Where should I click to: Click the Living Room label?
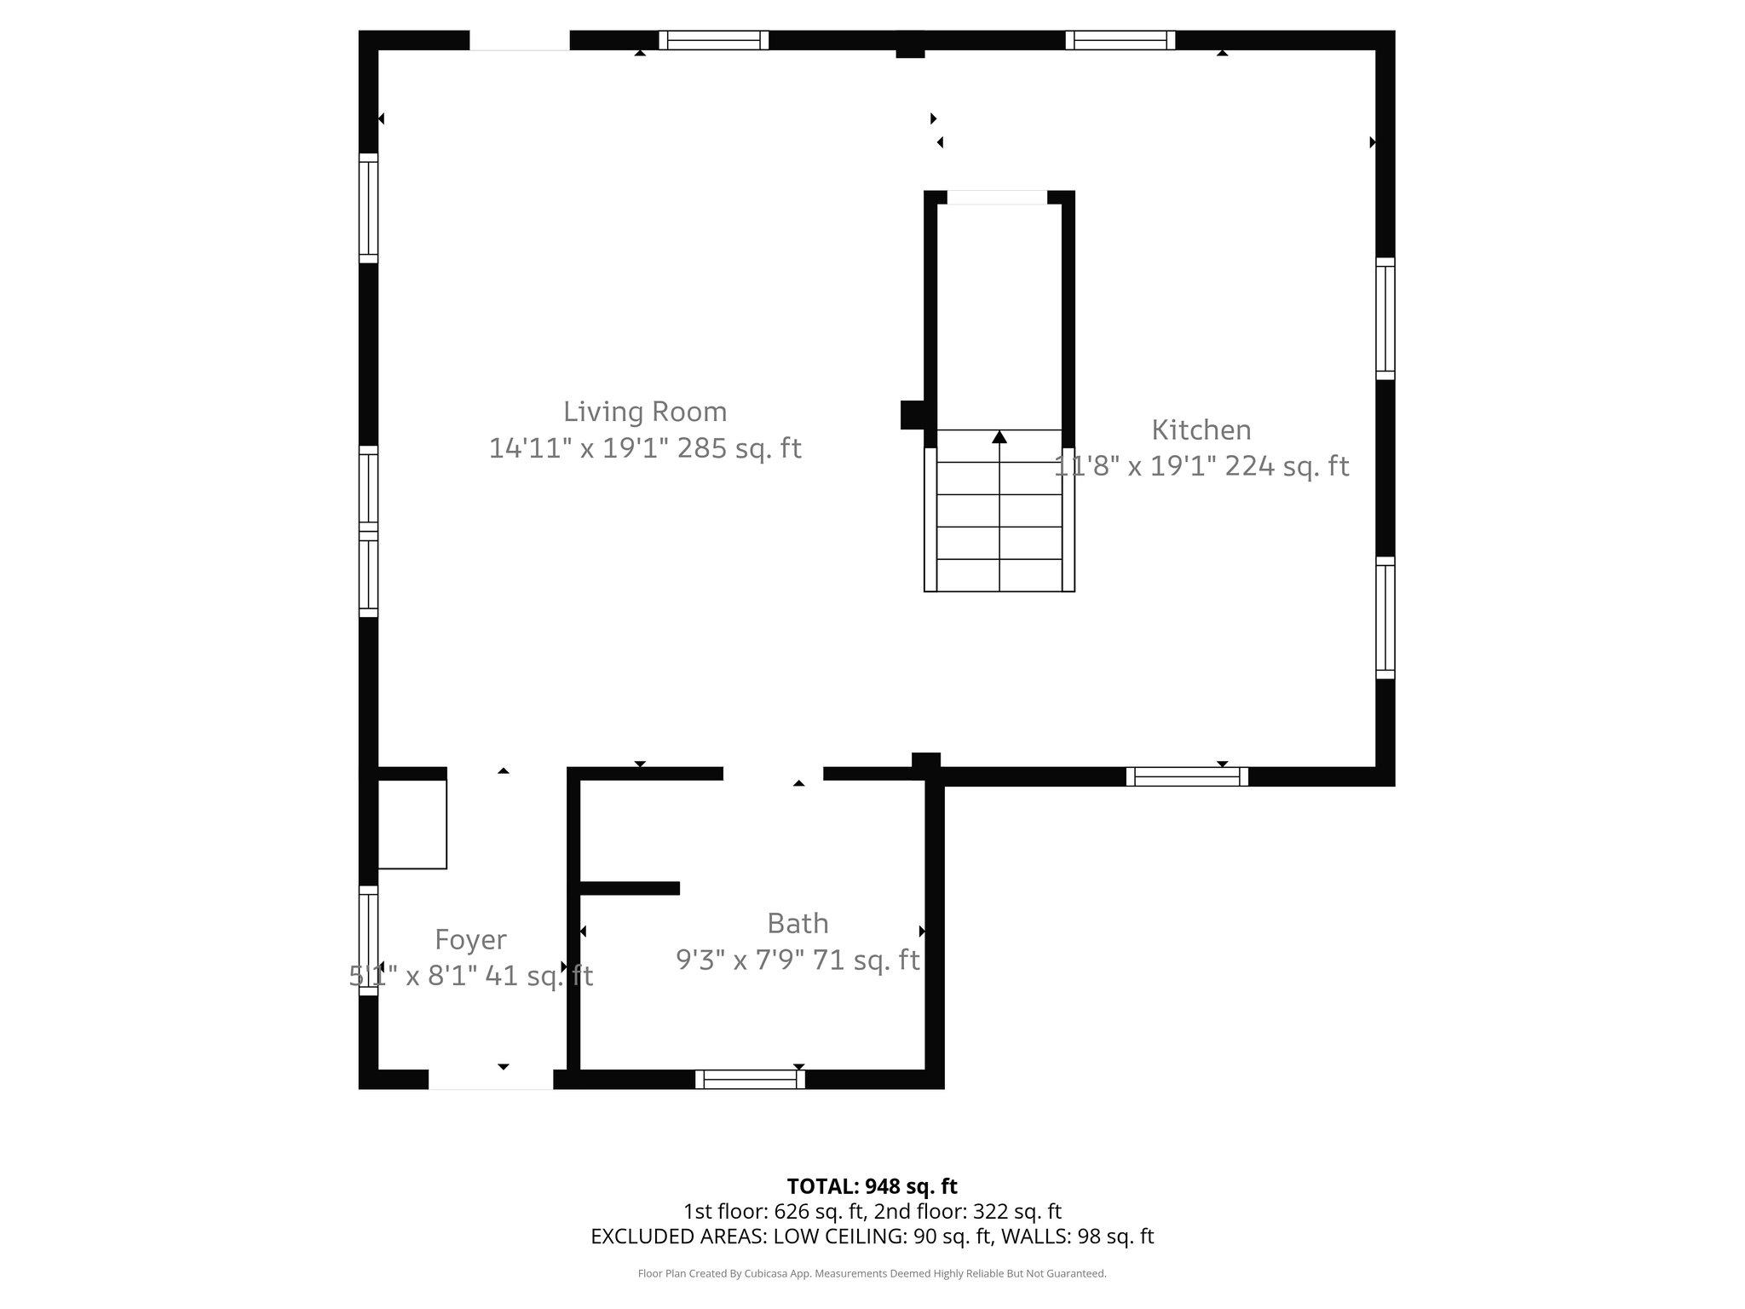tap(645, 412)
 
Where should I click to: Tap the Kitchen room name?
tap(1201, 430)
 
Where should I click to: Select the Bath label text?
tap(798, 923)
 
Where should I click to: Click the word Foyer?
tap(470, 939)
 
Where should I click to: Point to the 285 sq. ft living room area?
tap(739, 448)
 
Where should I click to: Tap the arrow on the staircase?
tap(999, 437)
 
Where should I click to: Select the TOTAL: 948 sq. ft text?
tap(872, 1186)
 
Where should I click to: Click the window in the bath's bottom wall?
tap(750, 1080)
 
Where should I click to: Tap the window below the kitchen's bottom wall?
tap(1187, 776)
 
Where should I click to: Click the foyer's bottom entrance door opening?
tap(491, 1080)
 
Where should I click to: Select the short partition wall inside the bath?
tap(630, 888)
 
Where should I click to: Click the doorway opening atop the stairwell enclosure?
tap(997, 198)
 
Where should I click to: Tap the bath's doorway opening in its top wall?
tap(773, 774)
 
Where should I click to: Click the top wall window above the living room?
tap(713, 40)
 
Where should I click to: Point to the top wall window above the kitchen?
tap(1120, 40)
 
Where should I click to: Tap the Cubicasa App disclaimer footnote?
tap(872, 1273)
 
